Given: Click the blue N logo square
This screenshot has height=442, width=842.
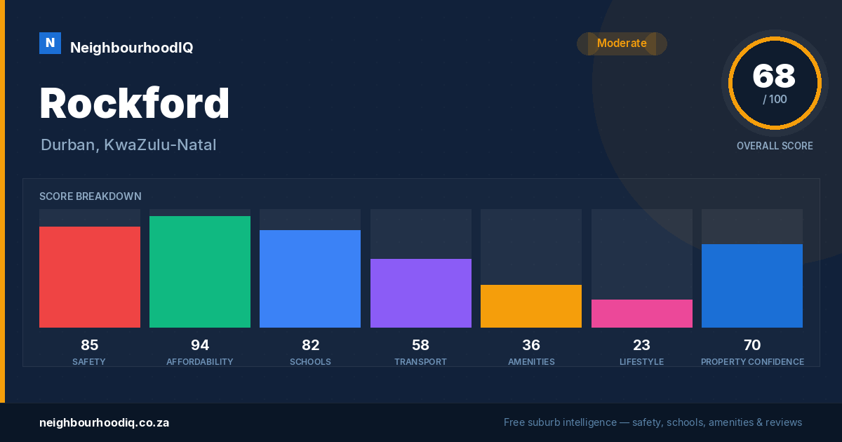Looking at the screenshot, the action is click(50, 43).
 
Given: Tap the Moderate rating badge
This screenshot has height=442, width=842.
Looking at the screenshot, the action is click(622, 43).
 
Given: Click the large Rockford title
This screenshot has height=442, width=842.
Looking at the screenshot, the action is click(135, 102).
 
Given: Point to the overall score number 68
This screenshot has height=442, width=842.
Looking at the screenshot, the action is click(774, 76).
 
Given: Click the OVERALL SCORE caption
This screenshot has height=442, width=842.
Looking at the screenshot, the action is click(775, 146).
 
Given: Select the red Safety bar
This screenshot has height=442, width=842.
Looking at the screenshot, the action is click(90, 277).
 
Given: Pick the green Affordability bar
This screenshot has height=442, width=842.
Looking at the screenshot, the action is click(200, 272).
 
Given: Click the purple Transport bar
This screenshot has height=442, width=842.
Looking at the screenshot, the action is click(421, 293).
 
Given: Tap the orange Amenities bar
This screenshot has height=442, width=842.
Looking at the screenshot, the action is click(531, 306).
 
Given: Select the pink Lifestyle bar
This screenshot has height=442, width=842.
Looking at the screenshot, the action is click(642, 314).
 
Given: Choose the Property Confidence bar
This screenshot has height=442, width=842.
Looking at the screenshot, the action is click(752, 286).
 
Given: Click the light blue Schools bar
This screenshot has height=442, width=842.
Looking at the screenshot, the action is click(310, 279).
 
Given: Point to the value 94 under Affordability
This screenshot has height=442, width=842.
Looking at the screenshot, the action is click(200, 345).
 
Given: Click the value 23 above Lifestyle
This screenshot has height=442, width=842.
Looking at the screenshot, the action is click(641, 345).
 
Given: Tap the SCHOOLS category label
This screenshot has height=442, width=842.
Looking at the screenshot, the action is click(310, 361).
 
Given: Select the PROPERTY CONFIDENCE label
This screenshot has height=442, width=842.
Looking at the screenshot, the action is click(752, 361).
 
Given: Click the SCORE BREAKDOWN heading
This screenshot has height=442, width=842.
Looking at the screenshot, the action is click(91, 196).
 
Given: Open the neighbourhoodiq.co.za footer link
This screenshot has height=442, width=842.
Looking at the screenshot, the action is click(104, 422).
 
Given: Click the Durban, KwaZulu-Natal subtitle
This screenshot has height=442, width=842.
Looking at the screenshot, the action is click(128, 145).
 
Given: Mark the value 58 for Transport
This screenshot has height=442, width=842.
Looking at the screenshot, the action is click(420, 345).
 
